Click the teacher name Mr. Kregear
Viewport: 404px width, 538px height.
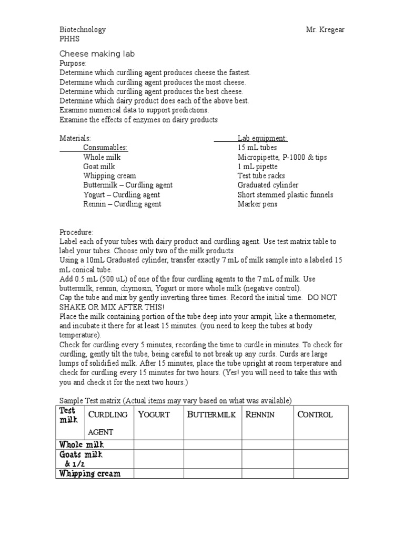coord(325,30)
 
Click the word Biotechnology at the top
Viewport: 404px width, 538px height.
coord(83,30)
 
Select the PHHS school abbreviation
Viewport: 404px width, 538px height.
coord(69,39)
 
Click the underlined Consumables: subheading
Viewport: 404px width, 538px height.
coord(105,148)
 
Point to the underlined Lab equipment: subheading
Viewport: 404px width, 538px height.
coord(262,138)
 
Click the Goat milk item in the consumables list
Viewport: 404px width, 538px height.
coord(99,167)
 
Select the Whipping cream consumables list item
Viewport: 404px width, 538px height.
coord(109,176)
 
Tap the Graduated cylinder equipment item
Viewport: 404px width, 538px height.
coord(268,185)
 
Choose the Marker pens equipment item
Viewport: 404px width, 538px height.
coord(257,204)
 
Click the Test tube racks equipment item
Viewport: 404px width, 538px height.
coord(261,176)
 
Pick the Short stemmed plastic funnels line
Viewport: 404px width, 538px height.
coord(285,195)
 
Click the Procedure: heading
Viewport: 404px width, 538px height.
coord(76,232)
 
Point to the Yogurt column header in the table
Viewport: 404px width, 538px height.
coord(154,415)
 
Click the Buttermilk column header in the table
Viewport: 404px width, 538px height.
coord(211,415)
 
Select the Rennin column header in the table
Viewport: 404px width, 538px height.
coord(260,415)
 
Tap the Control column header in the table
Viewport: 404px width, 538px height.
coord(315,415)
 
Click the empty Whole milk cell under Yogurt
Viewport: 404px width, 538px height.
coord(158,445)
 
